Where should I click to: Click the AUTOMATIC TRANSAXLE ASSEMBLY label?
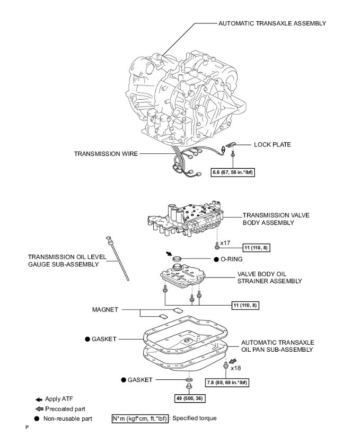point(272,23)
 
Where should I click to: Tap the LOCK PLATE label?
point(272,144)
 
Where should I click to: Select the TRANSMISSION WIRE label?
point(106,154)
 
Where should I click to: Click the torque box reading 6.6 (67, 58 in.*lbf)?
point(233,172)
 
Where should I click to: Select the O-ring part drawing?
point(178,259)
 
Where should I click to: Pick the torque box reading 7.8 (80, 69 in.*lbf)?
point(228,382)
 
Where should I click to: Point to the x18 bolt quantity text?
point(236,367)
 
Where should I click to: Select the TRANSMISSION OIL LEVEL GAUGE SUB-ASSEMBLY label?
point(67,260)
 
